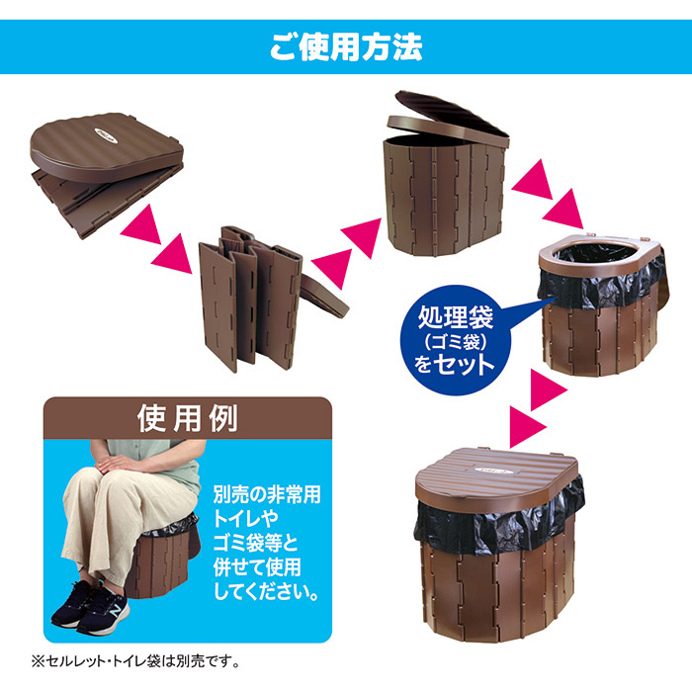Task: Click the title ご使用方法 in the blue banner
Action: tap(346, 46)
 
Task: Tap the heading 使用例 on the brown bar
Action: tap(188, 418)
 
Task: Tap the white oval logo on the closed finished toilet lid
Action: tap(493, 471)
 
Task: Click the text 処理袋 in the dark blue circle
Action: tap(455, 317)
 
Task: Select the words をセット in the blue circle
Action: tap(455, 365)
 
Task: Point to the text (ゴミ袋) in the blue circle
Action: tap(455, 341)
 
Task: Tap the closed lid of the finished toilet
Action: tap(496, 476)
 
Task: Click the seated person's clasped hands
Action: tap(116, 463)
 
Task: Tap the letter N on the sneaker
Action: tap(116, 611)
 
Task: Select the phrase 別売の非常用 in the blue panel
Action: tap(267, 494)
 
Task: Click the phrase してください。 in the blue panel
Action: tap(266, 591)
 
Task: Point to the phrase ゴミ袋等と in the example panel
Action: tap(256, 543)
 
